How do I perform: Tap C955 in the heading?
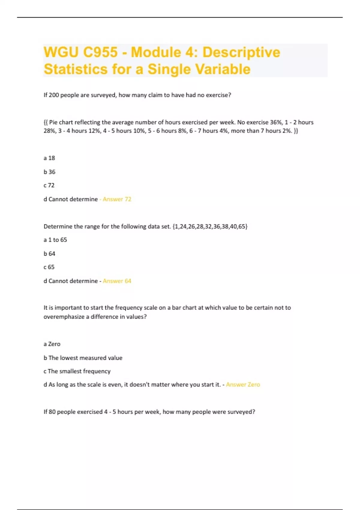click(x=100, y=52)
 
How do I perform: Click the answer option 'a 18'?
click(x=49, y=158)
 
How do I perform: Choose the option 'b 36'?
click(x=49, y=172)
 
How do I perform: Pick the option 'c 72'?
click(x=49, y=185)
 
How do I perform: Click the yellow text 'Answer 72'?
click(x=117, y=199)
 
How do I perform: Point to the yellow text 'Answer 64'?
click(x=117, y=281)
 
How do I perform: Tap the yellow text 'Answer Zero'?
click(x=243, y=385)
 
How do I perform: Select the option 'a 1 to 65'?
click(x=55, y=240)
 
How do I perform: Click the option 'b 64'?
click(x=49, y=254)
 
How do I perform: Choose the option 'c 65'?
click(x=49, y=267)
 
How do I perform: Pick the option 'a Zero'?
click(x=52, y=344)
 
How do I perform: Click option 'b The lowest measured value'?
click(x=83, y=358)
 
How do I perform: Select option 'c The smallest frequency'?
click(x=77, y=371)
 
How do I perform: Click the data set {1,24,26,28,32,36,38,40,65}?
click(x=210, y=226)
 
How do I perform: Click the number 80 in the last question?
click(x=52, y=412)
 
